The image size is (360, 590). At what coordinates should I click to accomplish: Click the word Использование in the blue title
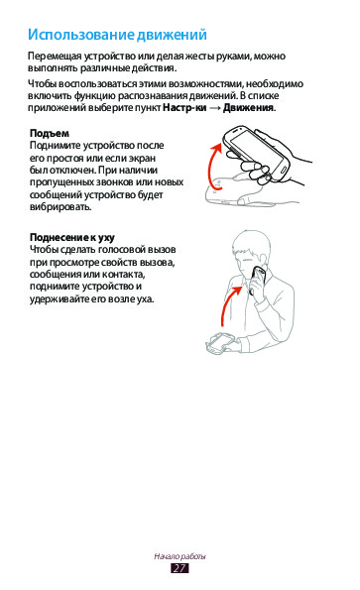coord(81,35)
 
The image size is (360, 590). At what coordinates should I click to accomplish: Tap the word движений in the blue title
coord(172,35)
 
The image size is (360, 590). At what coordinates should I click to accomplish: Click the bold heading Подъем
coord(50,134)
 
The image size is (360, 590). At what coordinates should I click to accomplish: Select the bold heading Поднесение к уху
coord(71,238)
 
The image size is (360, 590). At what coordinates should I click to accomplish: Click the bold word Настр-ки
coord(184,108)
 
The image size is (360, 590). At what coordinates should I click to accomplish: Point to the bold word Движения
coord(249,108)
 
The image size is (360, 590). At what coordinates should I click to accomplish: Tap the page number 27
coord(180,568)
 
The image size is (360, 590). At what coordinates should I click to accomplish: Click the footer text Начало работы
coord(180,556)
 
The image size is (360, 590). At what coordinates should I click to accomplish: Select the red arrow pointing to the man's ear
coord(227,302)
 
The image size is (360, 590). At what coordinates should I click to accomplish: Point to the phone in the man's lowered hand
coord(220,342)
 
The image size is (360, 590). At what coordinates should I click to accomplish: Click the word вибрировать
coord(60,207)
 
